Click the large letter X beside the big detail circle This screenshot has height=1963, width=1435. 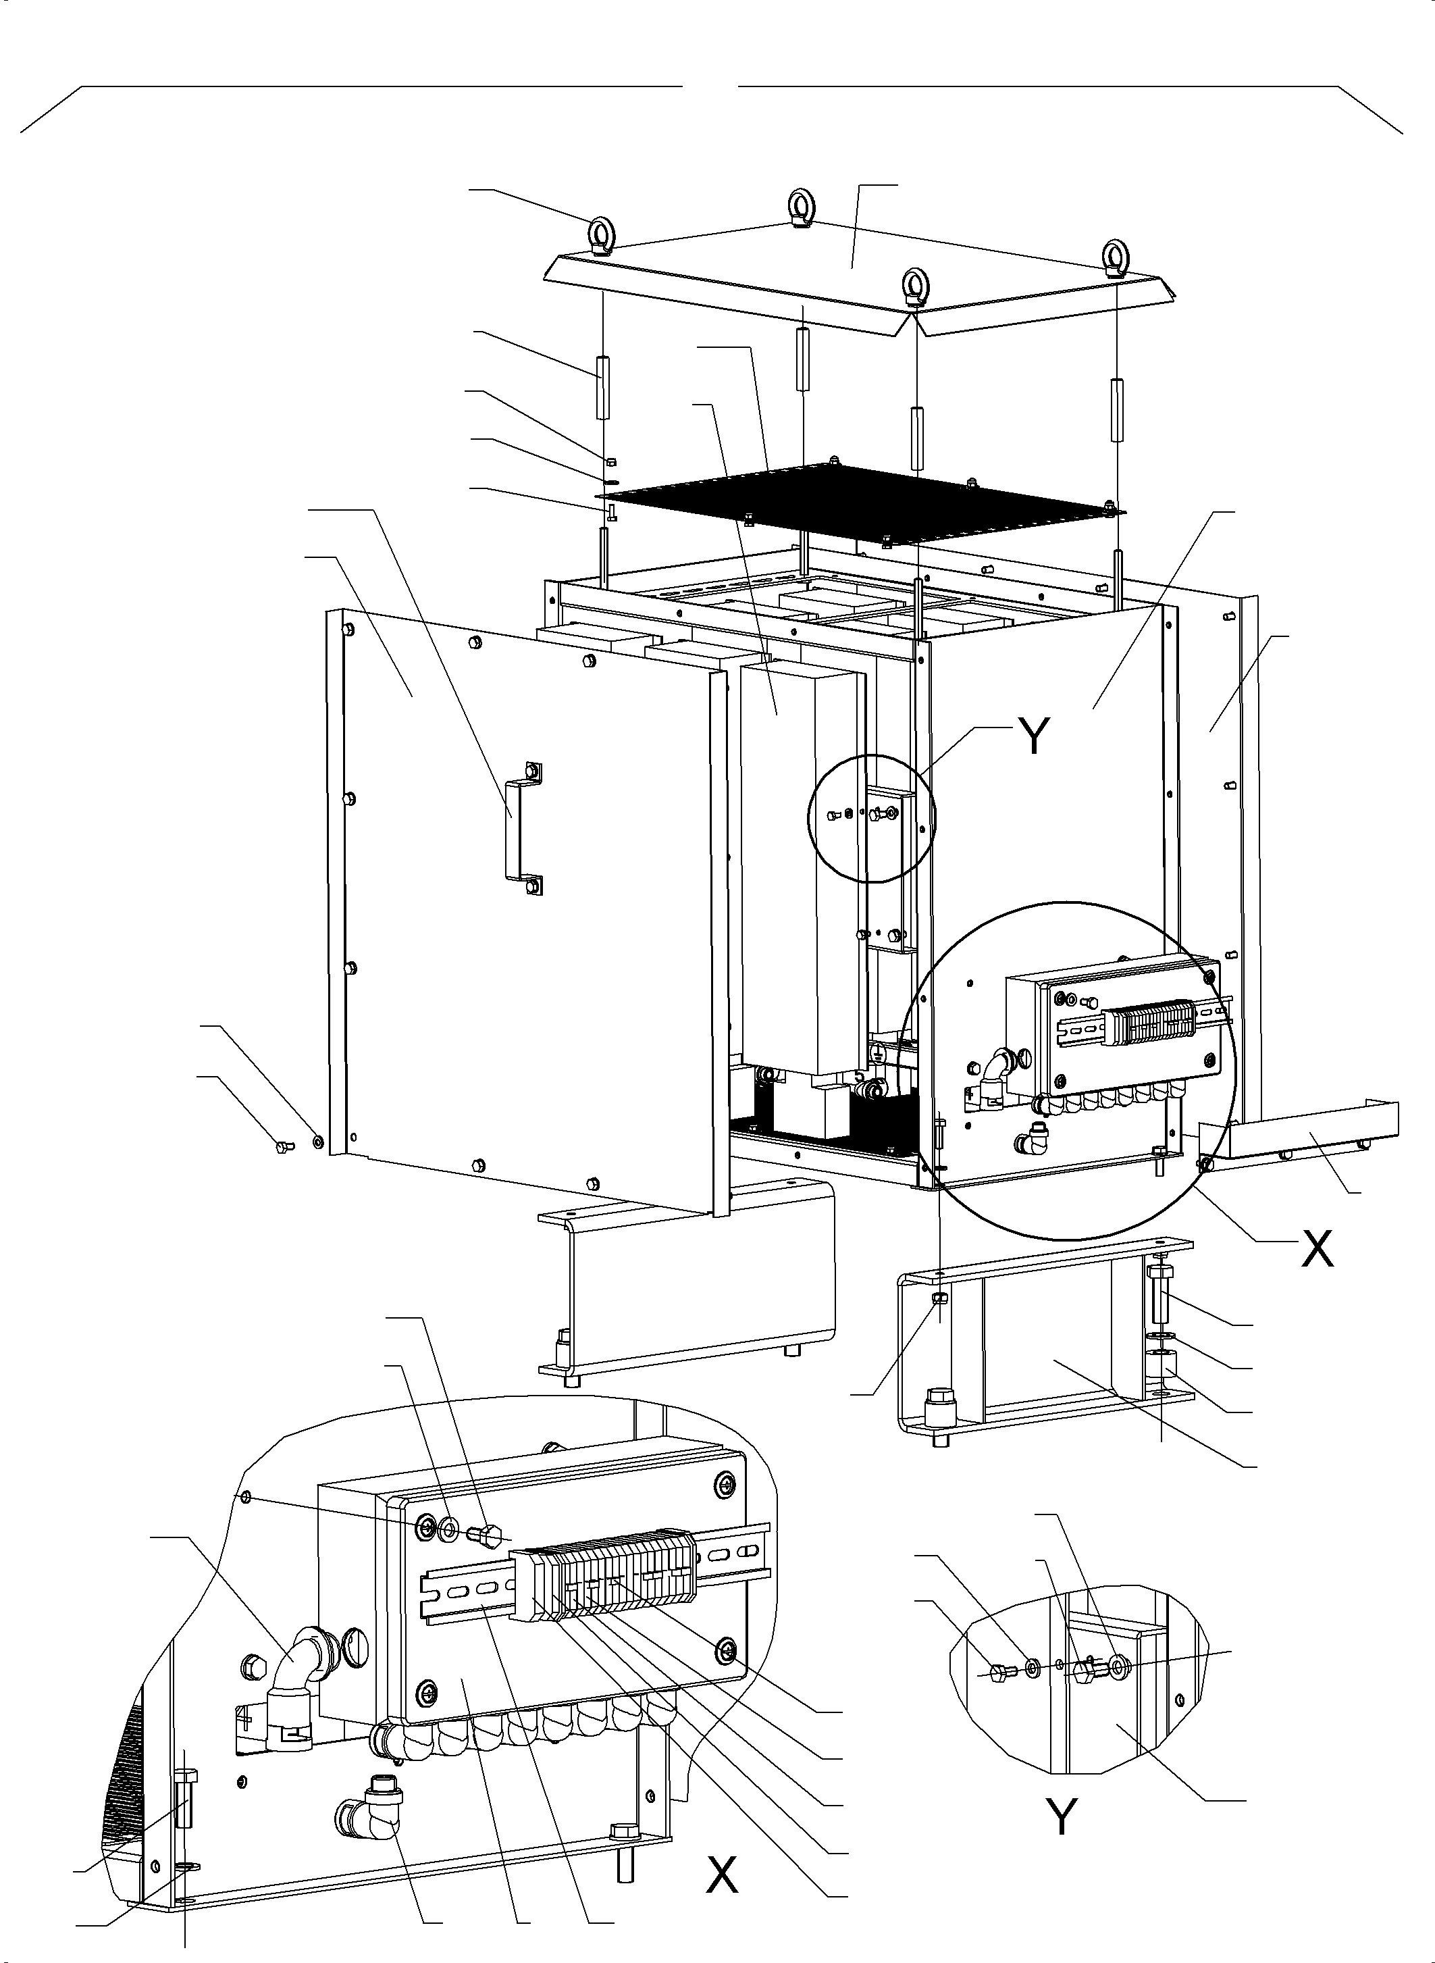click(1316, 1250)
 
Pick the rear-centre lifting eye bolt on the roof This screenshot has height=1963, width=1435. click(800, 209)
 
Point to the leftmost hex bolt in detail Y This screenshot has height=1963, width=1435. click(999, 1673)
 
